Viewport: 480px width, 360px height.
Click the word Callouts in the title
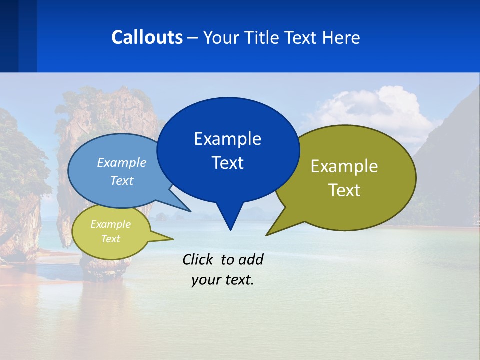click(x=147, y=37)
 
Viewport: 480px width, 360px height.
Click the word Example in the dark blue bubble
click(x=227, y=139)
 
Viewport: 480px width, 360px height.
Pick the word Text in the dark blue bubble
click(x=227, y=163)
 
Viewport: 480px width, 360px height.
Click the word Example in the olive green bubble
click(x=344, y=166)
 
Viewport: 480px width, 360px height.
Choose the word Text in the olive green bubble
click(x=344, y=190)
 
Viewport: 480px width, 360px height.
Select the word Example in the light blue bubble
click(x=122, y=162)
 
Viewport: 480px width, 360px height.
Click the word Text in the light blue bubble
click(x=122, y=180)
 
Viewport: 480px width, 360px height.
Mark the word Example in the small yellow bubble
click(x=110, y=224)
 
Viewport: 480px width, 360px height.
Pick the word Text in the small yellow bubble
click(x=110, y=239)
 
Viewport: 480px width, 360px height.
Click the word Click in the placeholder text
click(x=198, y=259)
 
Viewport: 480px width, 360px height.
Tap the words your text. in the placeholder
click(x=223, y=280)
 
